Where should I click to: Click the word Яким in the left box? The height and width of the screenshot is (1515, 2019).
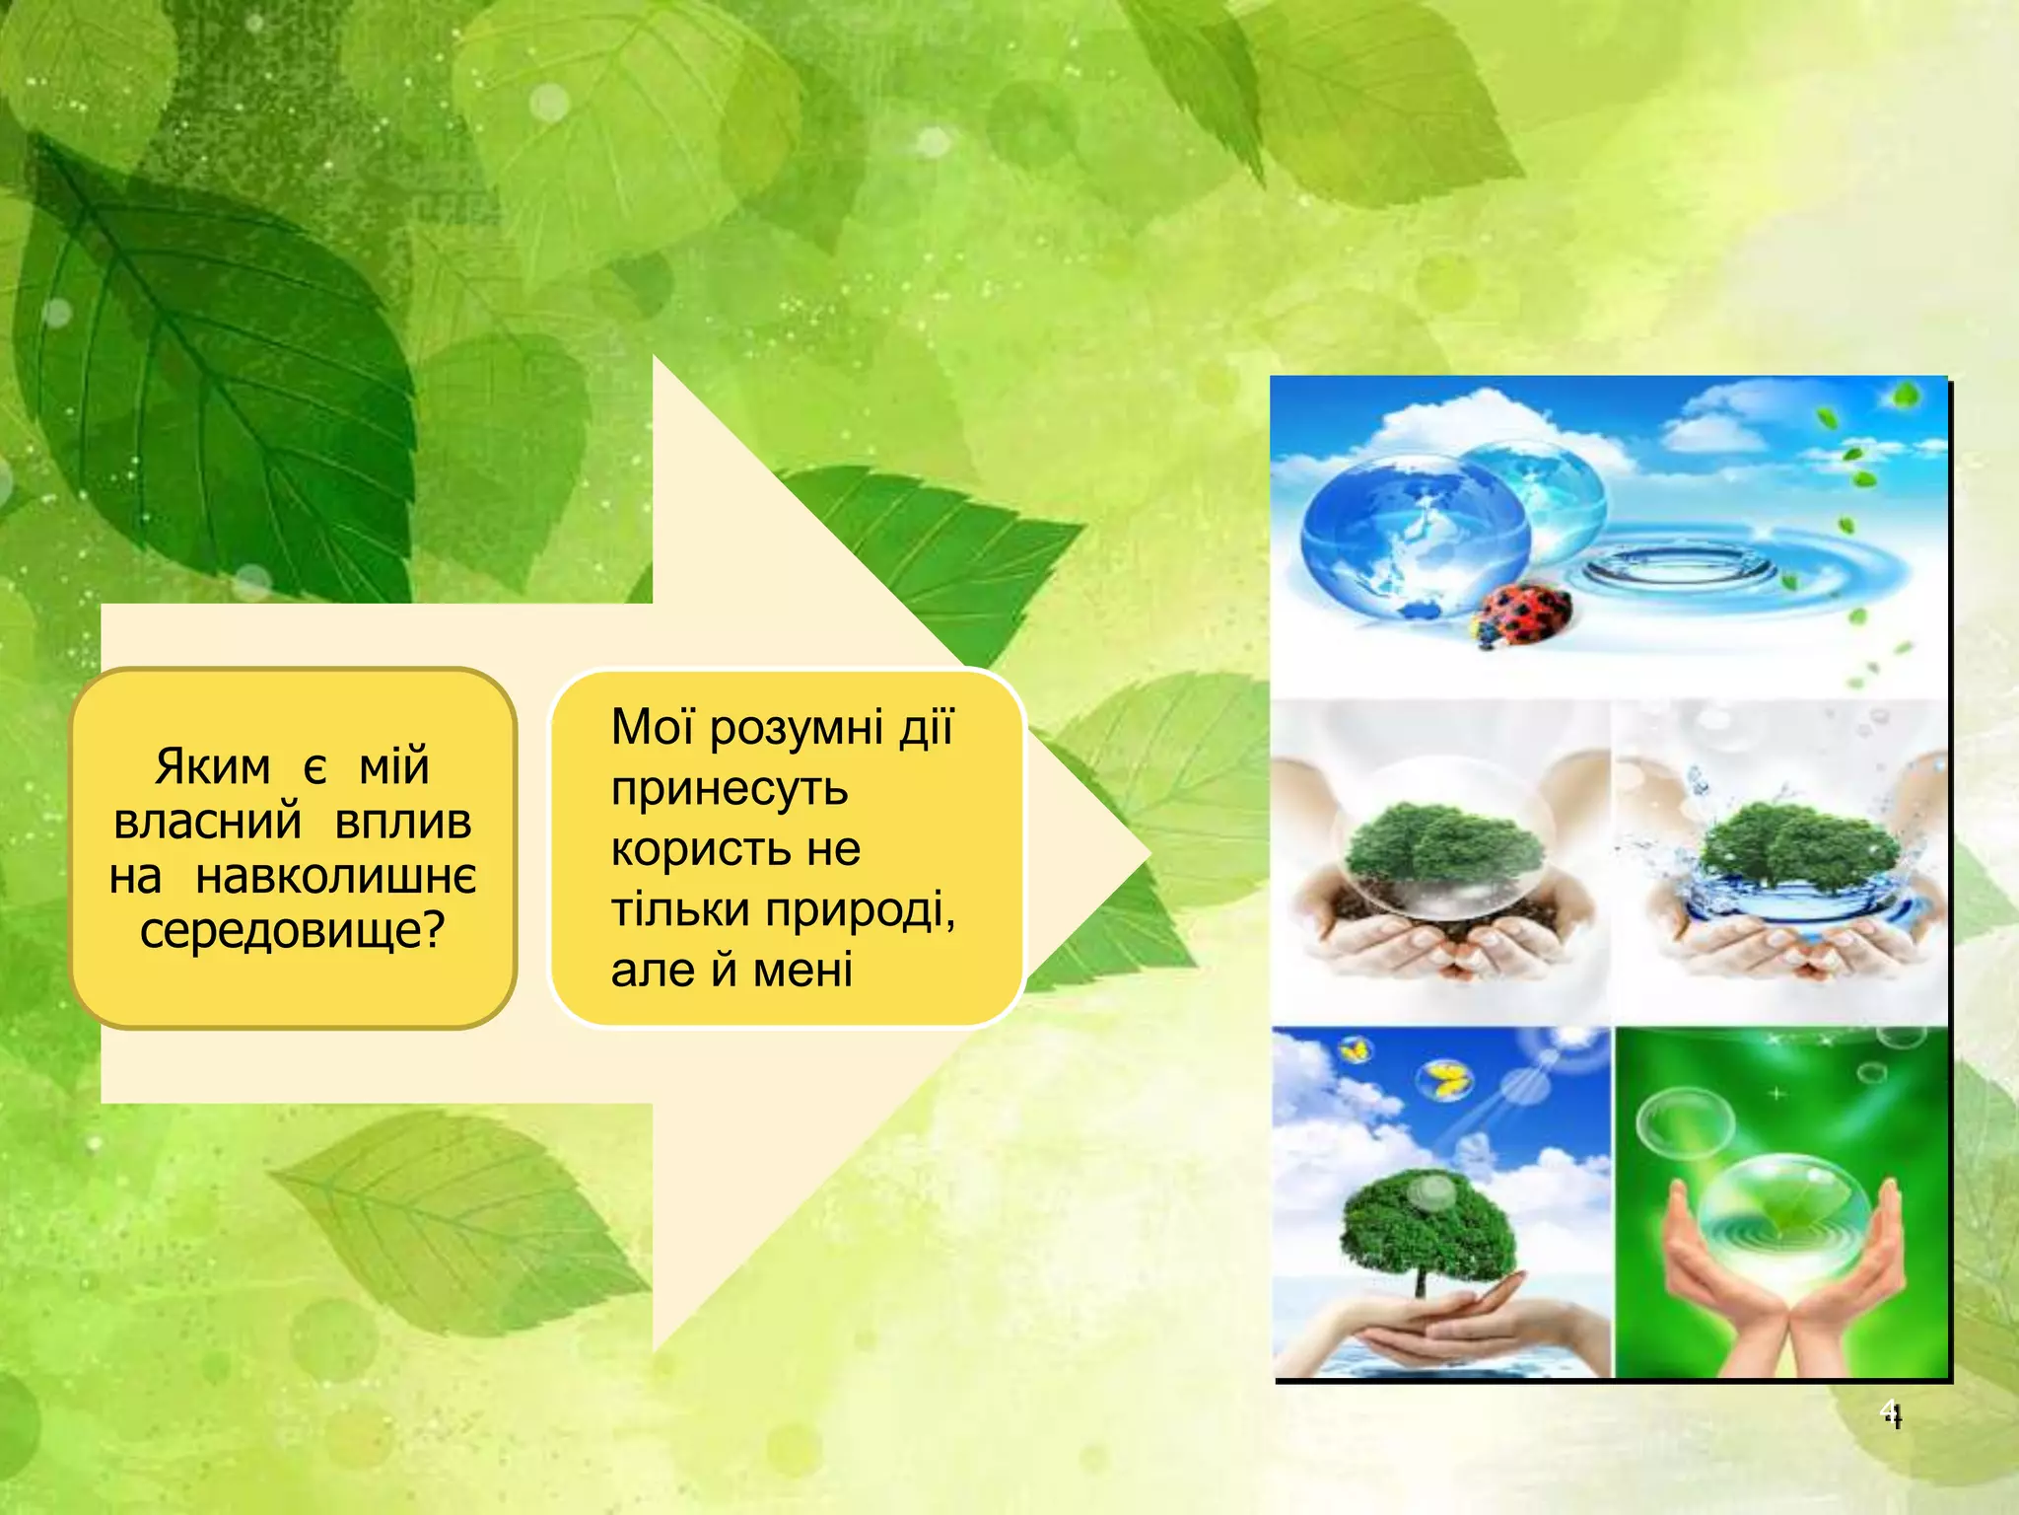(212, 767)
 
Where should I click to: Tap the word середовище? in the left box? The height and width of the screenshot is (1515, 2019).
(293, 930)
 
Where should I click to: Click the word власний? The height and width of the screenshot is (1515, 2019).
(207, 822)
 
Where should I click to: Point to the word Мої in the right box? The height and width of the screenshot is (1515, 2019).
(654, 728)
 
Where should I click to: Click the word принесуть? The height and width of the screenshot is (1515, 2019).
(730, 789)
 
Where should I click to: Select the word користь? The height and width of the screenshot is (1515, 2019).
(700, 849)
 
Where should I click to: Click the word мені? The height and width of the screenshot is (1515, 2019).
(802, 971)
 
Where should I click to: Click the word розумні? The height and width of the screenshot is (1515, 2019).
(797, 728)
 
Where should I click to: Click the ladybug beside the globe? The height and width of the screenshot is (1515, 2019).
(1520, 614)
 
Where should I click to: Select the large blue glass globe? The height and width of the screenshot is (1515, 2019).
(1414, 538)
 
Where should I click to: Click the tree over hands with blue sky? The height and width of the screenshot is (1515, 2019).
(1427, 1233)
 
